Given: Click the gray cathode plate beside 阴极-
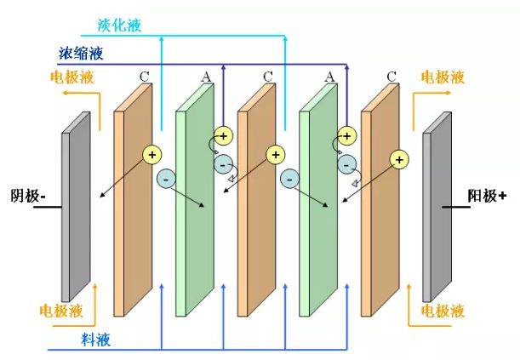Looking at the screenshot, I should [76, 213].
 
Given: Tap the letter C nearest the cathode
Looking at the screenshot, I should [144, 77].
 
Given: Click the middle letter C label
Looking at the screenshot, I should [268, 77].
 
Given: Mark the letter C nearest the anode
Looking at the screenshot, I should [391, 77].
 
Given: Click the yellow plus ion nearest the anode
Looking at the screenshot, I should [397, 158].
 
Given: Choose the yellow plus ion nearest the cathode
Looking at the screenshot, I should [151, 154].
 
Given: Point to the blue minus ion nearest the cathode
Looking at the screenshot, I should [166, 179].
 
